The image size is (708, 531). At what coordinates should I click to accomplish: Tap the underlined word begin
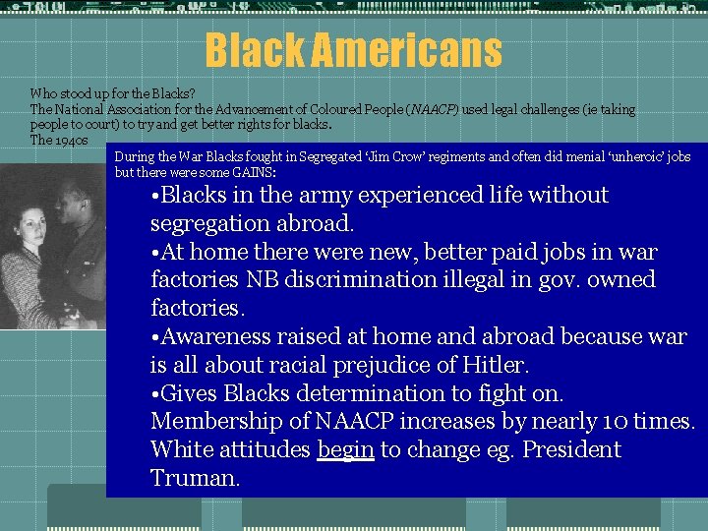(345, 450)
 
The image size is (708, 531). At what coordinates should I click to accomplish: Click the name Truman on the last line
(195, 479)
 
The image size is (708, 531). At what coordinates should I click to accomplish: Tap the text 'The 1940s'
(59, 140)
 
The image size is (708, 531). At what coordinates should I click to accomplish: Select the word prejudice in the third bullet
(374, 366)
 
